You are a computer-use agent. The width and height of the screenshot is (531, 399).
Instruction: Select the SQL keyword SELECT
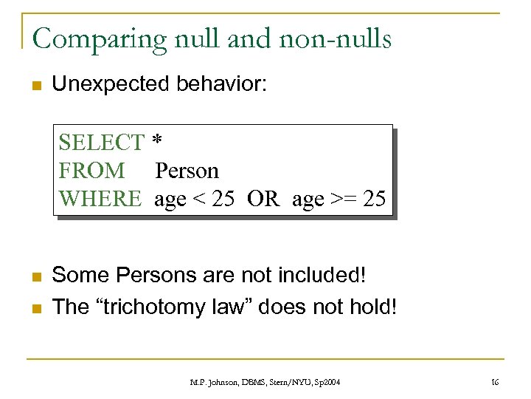(101, 141)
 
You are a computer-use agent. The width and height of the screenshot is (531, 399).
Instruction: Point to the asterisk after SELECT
(156, 140)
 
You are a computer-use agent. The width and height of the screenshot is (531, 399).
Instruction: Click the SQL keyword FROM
(91, 171)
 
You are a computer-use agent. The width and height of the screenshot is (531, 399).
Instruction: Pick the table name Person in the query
(187, 171)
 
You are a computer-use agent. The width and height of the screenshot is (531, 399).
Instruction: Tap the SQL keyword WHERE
(100, 199)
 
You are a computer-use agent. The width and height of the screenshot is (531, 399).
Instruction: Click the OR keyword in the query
(263, 199)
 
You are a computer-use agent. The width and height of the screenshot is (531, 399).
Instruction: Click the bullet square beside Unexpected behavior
(35, 85)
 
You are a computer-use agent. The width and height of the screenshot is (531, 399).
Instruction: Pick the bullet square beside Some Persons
(35, 276)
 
